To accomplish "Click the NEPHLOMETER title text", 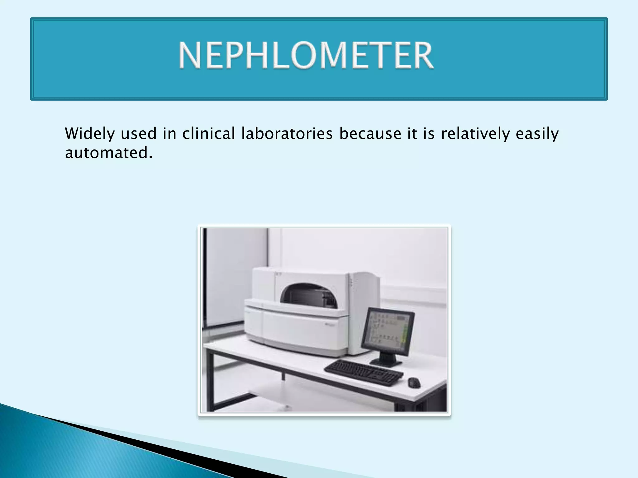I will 306,55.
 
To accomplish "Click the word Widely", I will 90,134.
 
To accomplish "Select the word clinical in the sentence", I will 208,134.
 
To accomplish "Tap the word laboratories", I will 287,134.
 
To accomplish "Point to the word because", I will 370,134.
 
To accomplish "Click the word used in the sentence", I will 139,134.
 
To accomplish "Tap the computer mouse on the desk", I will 414,382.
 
